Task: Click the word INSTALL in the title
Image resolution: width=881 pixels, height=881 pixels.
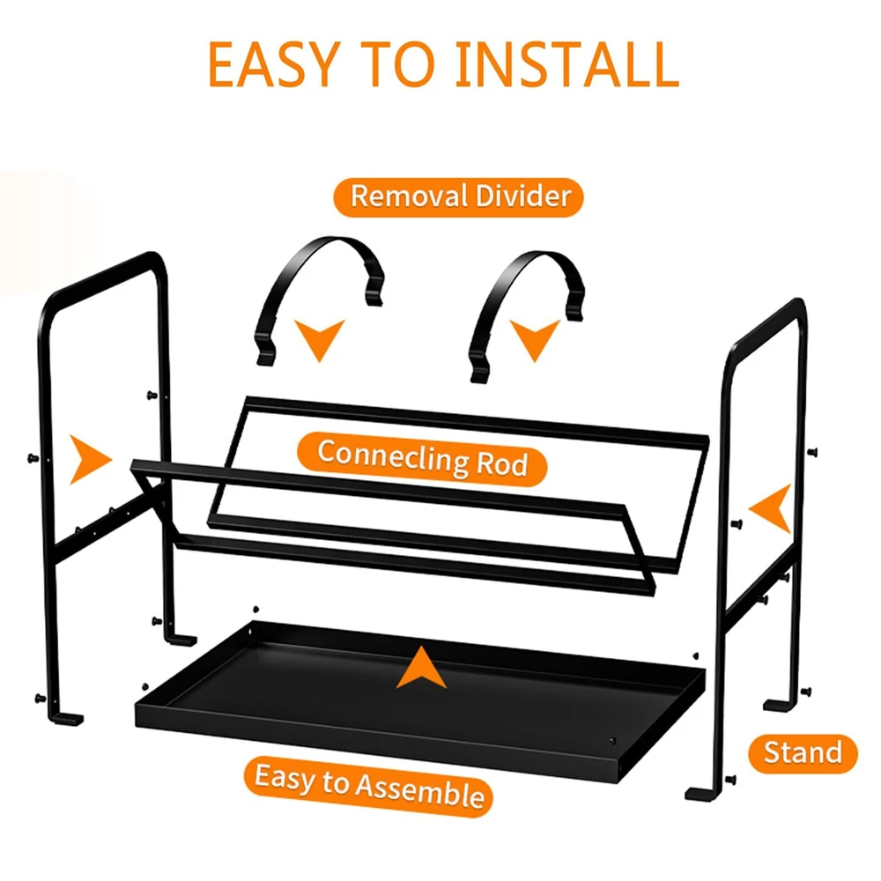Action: [566, 64]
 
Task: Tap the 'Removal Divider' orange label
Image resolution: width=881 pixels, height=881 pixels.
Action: [458, 197]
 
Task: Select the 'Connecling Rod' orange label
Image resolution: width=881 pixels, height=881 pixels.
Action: [422, 459]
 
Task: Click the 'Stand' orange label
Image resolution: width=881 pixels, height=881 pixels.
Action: [803, 753]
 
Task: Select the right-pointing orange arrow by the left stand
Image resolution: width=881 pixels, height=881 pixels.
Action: [90, 459]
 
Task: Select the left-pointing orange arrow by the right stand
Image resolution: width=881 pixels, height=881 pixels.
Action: [771, 508]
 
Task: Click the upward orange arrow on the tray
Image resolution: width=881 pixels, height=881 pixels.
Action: [421, 668]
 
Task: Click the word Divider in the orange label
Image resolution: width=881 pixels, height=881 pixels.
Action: [523, 196]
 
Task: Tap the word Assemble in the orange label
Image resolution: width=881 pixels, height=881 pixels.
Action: [419, 789]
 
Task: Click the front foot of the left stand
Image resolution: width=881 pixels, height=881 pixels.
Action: [66, 719]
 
